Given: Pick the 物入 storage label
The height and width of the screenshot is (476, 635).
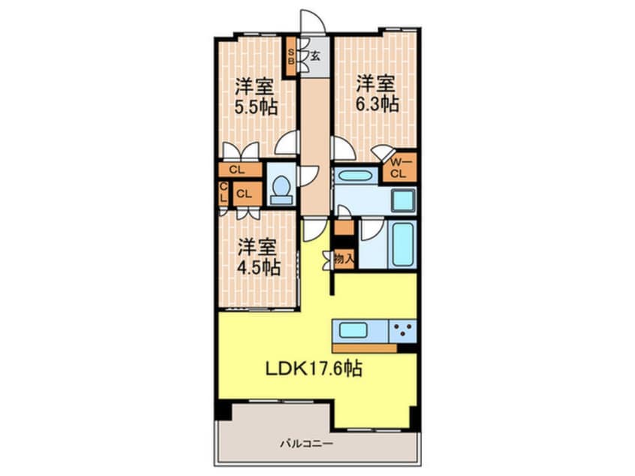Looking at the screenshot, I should pyautogui.click(x=345, y=258).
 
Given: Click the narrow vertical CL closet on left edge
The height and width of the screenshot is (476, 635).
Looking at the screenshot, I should pyautogui.click(x=224, y=193).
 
